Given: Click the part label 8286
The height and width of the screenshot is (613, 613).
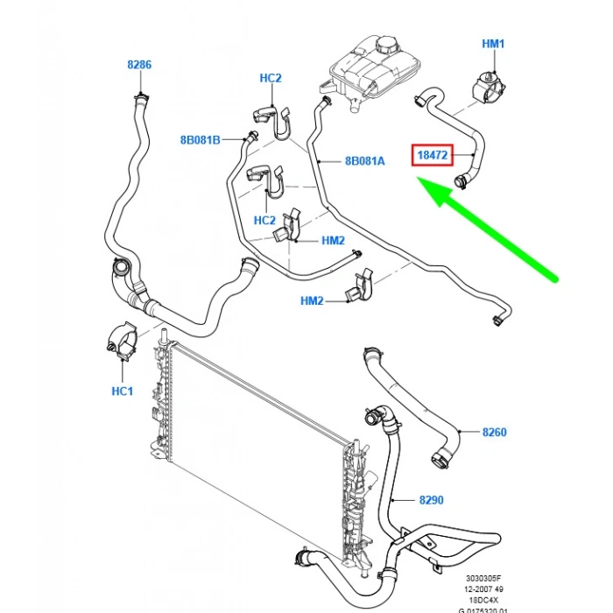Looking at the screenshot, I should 139,64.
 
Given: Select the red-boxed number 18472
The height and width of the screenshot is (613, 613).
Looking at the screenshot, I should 432,156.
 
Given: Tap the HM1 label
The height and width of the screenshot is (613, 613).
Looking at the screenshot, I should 494,43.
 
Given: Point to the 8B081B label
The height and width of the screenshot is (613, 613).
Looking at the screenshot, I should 201,139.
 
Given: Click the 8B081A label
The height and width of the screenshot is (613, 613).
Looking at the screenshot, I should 364,161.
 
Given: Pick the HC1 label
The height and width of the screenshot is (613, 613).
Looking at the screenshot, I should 123,391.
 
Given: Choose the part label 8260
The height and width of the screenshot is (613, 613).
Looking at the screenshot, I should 494,432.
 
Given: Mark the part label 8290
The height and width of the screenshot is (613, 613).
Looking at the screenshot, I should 431,500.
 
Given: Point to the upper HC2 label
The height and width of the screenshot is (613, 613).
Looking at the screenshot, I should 271,78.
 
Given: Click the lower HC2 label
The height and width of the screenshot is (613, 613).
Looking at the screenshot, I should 264,220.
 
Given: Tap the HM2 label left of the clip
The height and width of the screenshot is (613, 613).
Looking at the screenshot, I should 312,300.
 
